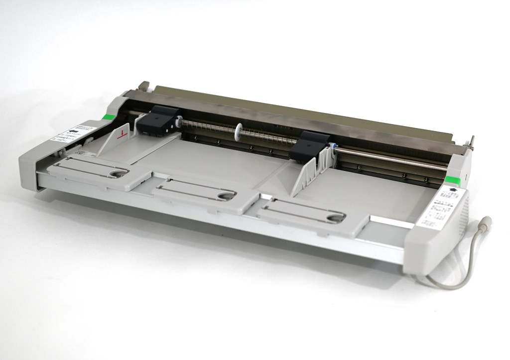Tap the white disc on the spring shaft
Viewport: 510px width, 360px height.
tap(240, 131)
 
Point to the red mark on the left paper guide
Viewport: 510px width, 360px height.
tap(124, 134)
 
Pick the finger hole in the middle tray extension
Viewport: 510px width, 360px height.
tap(225, 195)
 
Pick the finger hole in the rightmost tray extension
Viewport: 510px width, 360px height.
tap(335, 217)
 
